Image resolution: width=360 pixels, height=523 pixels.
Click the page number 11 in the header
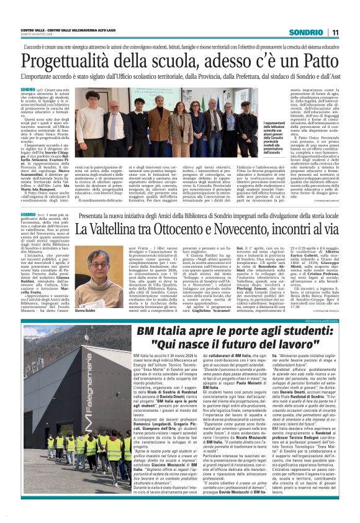[x=335, y=32]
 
